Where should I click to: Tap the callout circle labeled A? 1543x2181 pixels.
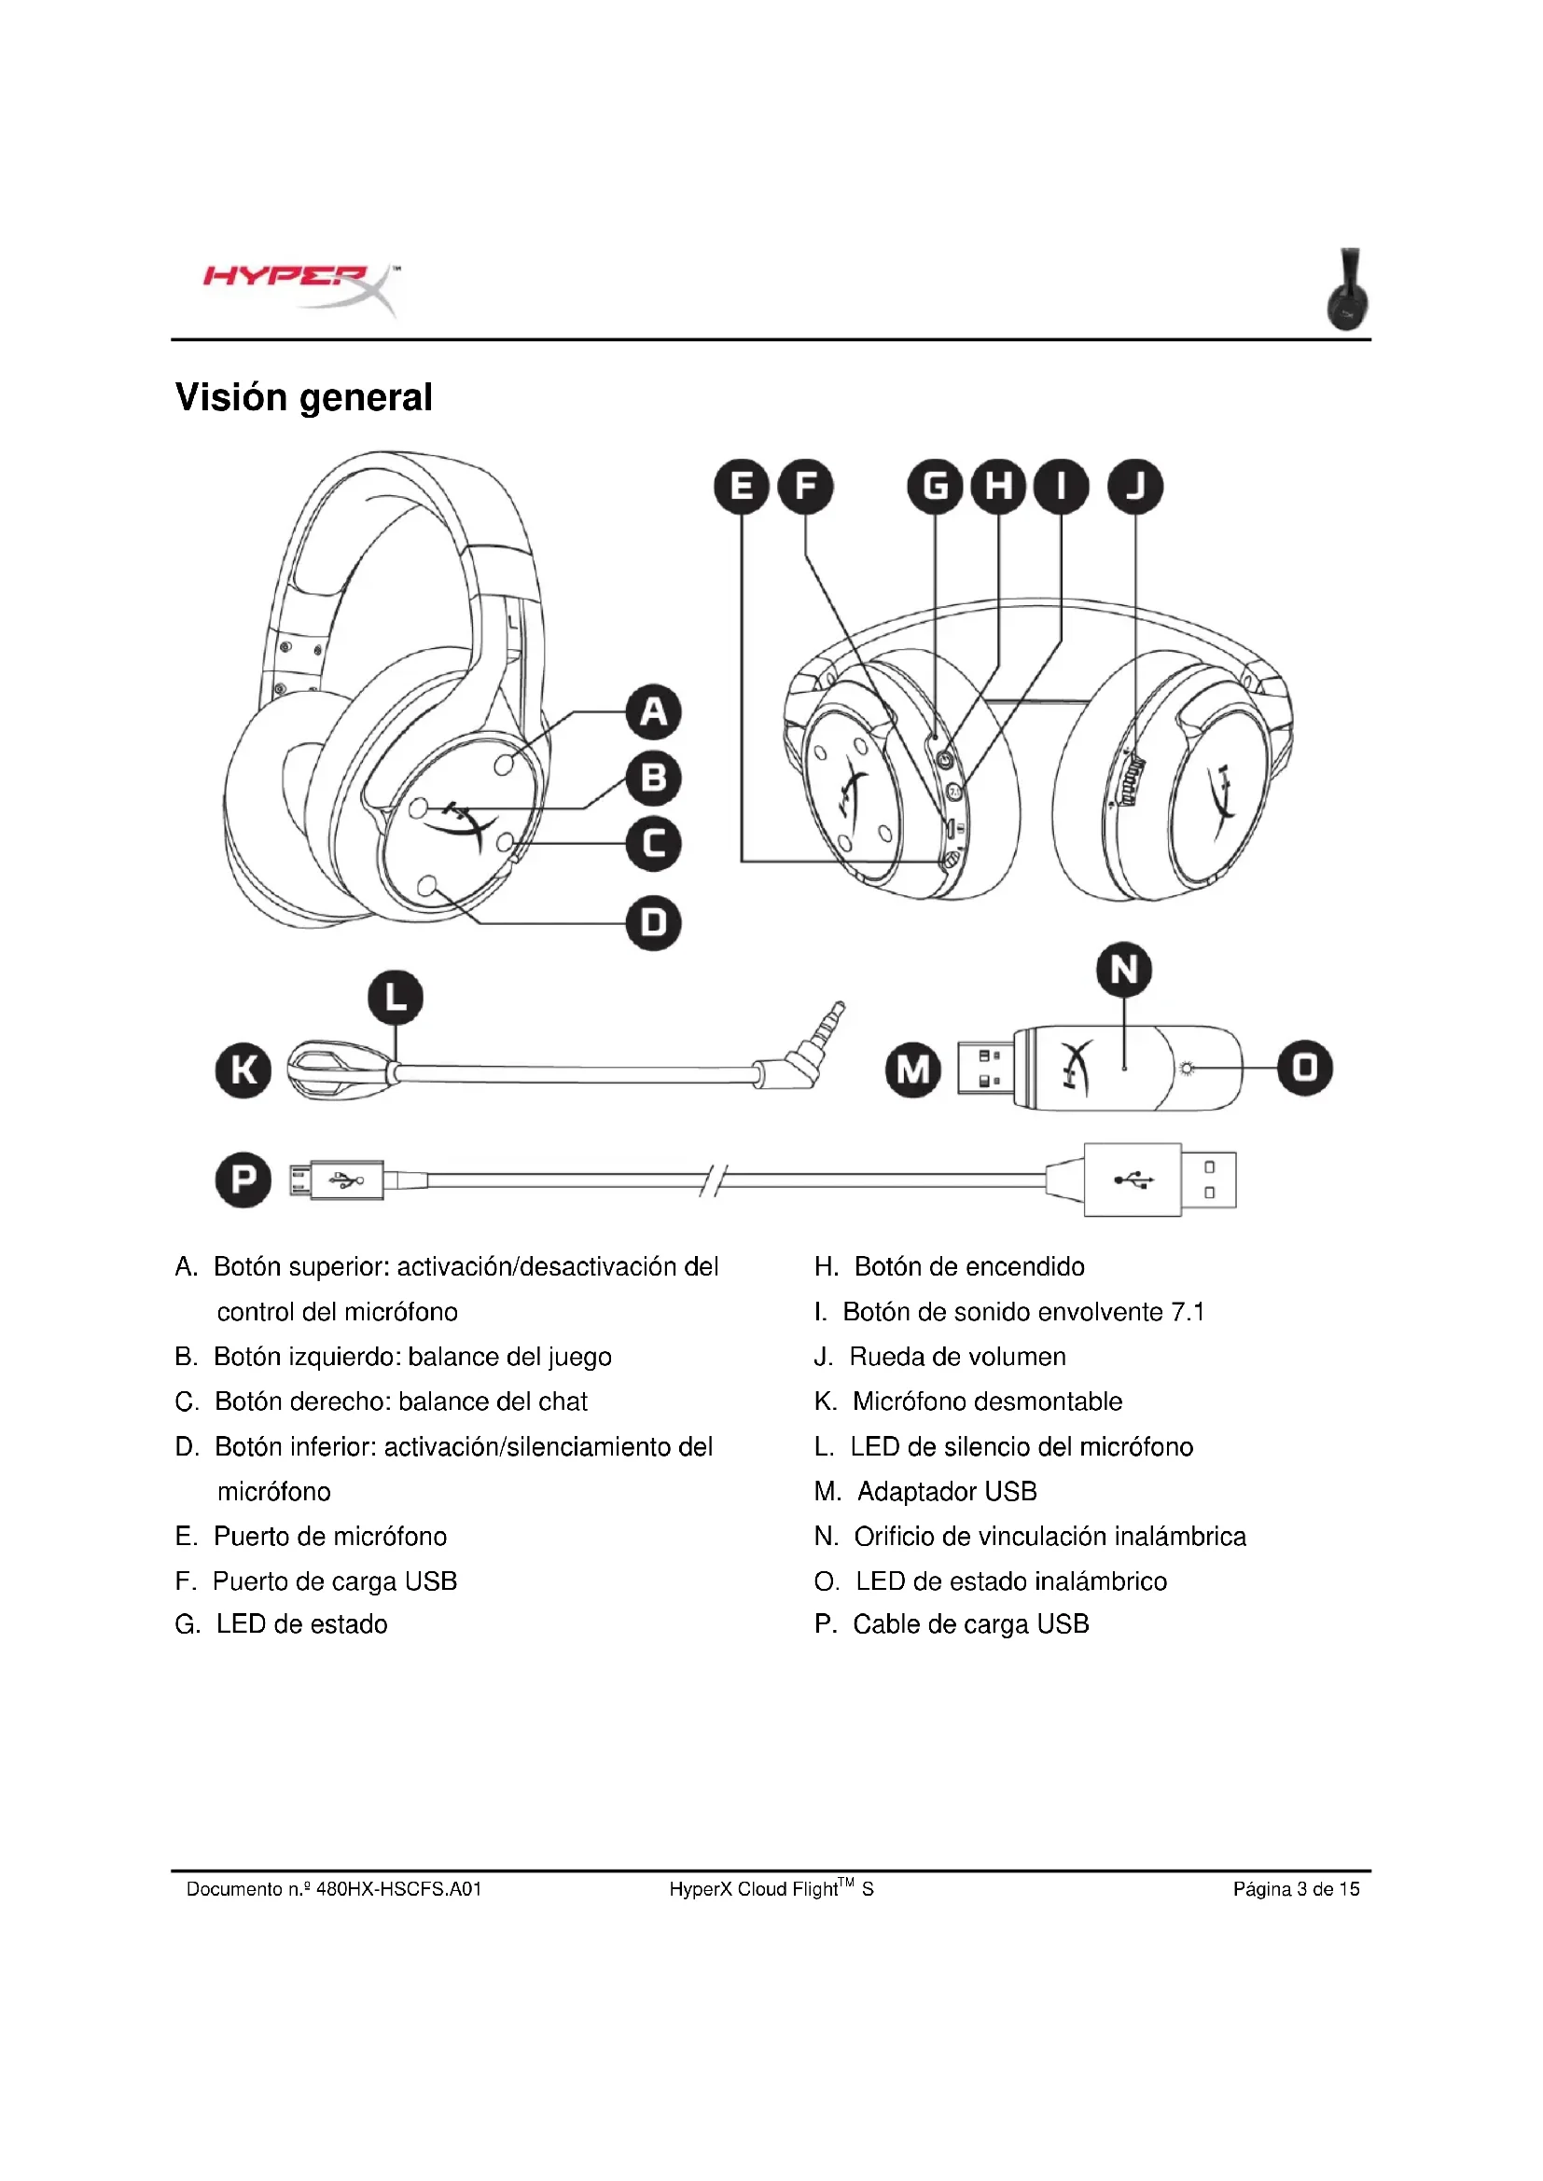click(654, 711)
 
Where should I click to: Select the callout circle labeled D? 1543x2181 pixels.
click(654, 922)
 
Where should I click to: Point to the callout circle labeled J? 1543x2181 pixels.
click(1135, 487)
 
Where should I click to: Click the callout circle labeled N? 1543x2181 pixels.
click(1124, 970)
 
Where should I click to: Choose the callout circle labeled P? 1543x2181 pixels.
click(243, 1180)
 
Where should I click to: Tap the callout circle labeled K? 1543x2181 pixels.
click(243, 1070)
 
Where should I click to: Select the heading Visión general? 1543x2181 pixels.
click(303, 397)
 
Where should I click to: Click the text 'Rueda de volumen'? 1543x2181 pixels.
click(957, 1357)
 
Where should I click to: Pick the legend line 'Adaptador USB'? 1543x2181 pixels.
click(946, 1491)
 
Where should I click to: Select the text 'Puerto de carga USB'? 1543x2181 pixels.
click(335, 1581)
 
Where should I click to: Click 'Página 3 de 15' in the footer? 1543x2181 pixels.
click(1296, 1888)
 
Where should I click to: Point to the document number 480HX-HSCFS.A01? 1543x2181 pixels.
click(399, 1888)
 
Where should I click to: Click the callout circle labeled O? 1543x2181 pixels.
click(1304, 1068)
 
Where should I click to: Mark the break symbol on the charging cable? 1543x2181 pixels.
click(713, 1180)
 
